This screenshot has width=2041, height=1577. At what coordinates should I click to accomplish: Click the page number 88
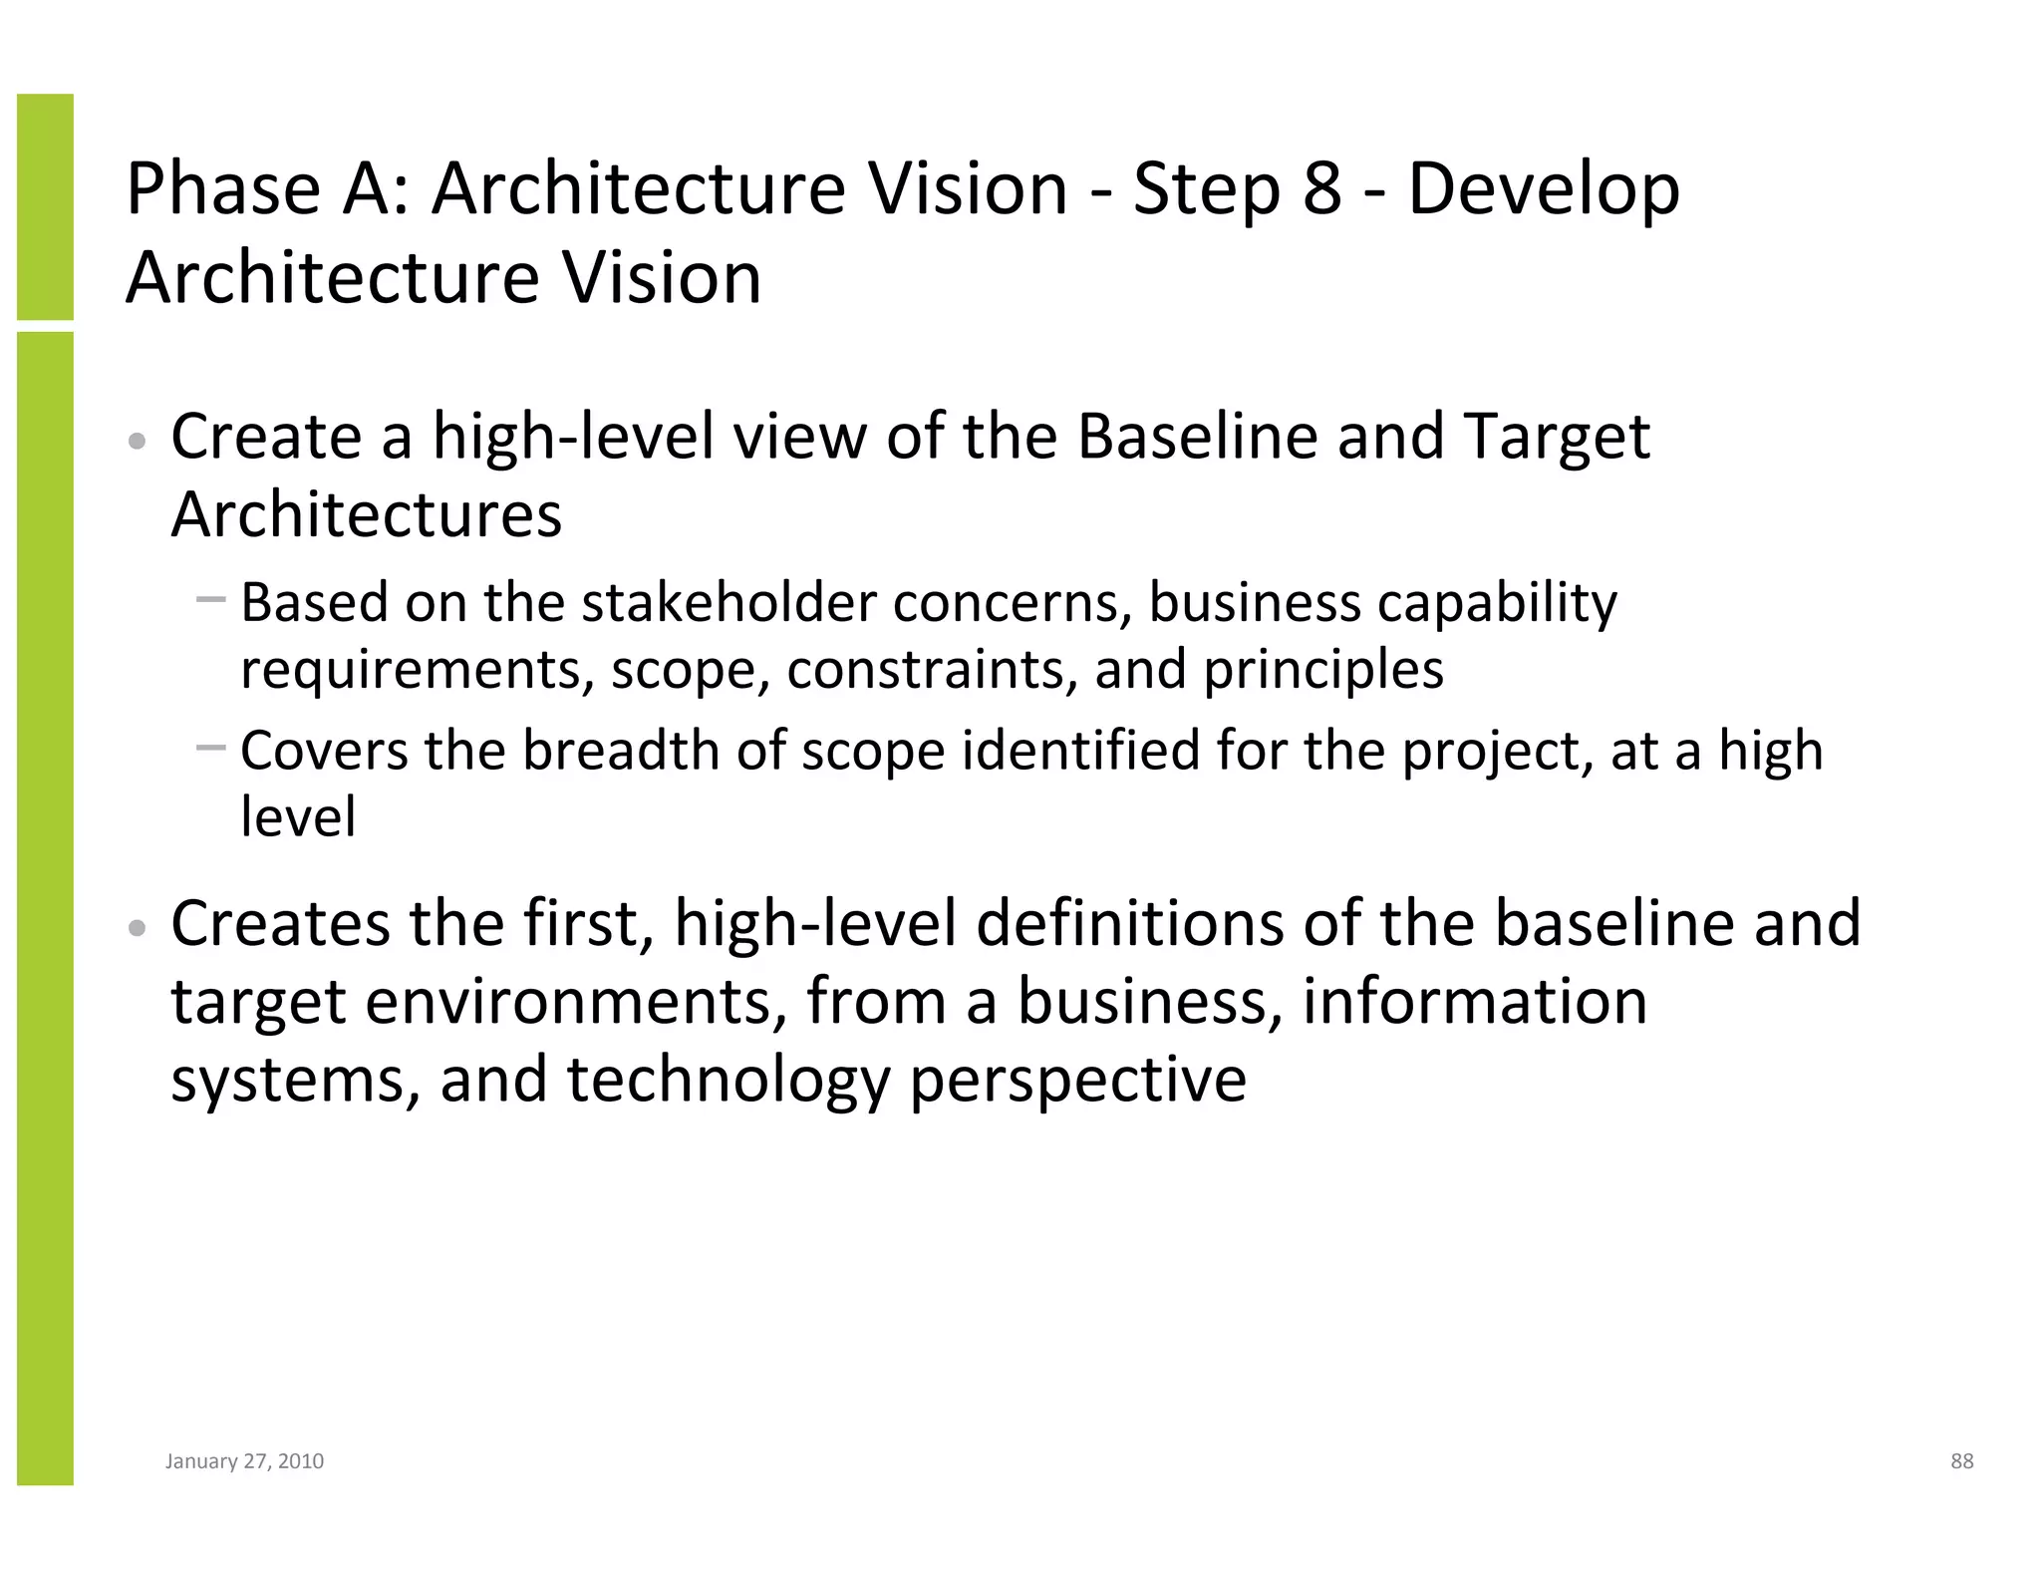point(1961,1461)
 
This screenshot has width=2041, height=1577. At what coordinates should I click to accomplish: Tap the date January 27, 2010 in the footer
point(244,1461)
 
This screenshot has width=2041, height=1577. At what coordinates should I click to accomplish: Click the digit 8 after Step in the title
point(1321,188)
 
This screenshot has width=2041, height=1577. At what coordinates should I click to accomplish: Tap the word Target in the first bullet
point(1558,439)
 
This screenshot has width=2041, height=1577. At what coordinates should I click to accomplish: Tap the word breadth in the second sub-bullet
point(621,751)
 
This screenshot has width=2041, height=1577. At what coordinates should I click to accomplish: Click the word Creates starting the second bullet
point(280,923)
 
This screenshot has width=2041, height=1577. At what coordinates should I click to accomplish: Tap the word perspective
point(1078,1081)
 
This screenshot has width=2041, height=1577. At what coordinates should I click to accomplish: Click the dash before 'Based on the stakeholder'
point(211,599)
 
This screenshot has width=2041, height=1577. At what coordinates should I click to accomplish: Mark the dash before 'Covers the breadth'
point(211,747)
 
